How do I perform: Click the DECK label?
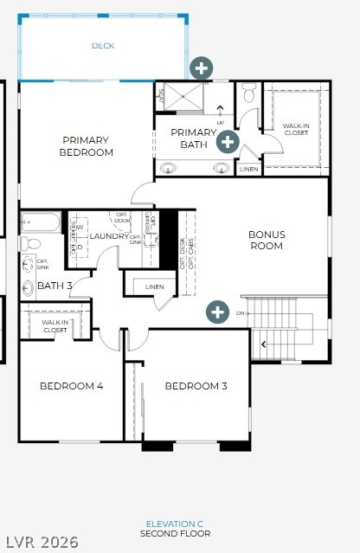tap(103, 46)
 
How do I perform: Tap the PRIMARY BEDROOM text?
tap(87, 146)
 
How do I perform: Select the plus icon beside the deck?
tap(201, 68)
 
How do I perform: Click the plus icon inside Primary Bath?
tap(228, 141)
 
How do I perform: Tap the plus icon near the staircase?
tap(216, 312)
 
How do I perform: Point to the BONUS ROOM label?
tap(266, 240)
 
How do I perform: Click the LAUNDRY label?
tap(109, 236)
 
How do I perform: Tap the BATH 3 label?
tap(55, 286)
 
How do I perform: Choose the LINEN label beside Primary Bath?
tap(248, 169)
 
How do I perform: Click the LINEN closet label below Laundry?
tap(154, 286)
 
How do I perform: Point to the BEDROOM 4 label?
tap(71, 386)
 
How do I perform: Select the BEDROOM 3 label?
tap(196, 386)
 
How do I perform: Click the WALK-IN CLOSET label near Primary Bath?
tap(296, 129)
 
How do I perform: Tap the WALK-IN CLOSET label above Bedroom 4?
tap(55, 327)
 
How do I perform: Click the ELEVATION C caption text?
tap(175, 524)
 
